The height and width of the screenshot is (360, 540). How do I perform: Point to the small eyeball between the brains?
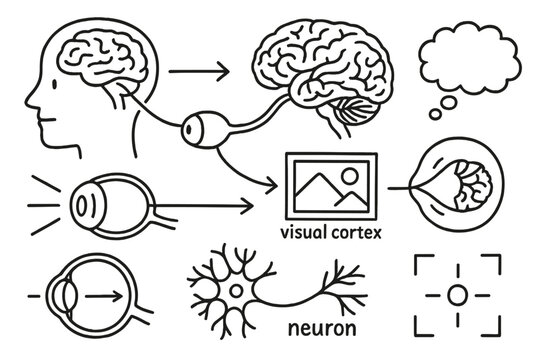pos(201,127)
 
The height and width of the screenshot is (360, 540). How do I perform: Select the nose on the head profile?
pos(29,97)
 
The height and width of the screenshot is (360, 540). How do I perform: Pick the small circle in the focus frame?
pos(457,295)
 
